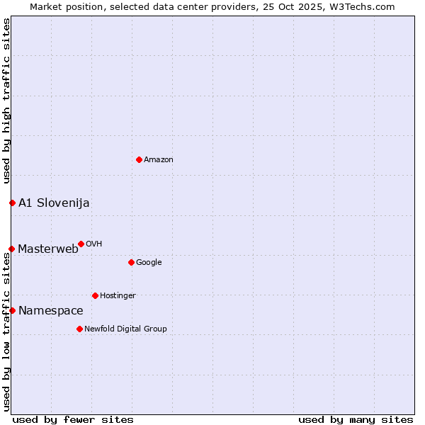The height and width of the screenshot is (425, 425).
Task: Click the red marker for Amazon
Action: pos(139,159)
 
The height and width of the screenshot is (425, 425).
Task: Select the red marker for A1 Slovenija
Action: pos(12,203)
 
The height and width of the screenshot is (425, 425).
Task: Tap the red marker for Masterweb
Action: pos(11,249)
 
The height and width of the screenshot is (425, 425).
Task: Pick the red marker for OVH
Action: pos(81,244)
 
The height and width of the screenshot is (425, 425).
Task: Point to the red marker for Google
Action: pos(131,262)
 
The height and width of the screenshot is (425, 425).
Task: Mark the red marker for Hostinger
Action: pos(95,295)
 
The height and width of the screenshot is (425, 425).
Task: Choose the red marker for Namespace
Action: pos(12,310)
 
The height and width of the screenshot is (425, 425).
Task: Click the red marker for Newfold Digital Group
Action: pos(79,329)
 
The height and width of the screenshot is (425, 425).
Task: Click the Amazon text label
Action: pos(159,160)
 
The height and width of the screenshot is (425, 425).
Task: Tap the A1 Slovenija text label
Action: pos(54,203)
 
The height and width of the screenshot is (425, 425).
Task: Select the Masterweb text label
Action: pos(48,249)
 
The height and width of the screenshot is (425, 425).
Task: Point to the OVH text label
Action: pos(94,244)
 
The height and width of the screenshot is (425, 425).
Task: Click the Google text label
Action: pos(149,263)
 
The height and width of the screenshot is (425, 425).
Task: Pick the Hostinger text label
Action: pos(118,296)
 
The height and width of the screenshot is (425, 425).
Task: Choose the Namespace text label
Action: pos(51,311)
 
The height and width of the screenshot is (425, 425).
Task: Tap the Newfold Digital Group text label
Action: pos(125,329)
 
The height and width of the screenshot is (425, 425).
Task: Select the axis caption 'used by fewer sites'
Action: pos(73,419)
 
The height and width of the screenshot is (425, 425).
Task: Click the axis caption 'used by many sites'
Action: pos(356,419)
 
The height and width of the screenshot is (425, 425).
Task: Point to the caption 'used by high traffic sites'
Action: pos(7,101)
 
